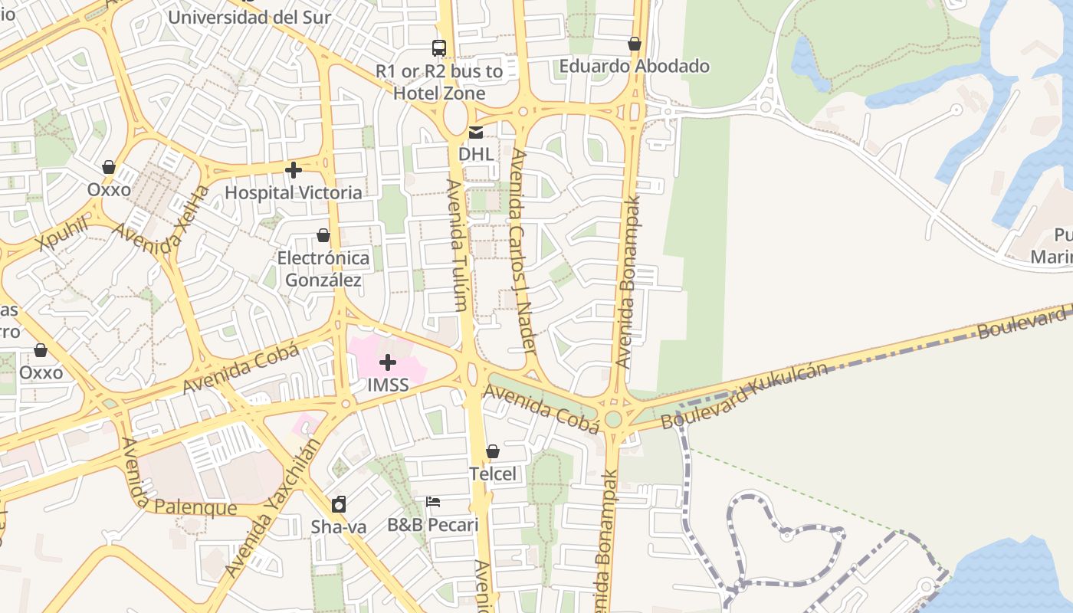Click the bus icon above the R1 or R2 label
coord(439,48)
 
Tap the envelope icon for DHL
coord(476,133)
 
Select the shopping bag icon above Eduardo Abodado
coord(635,44)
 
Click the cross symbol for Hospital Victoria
coord(294,170)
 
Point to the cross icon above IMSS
coord(388,362)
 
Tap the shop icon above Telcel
coord(493,452)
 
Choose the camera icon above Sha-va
coord(339,504)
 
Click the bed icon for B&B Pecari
coord(433,502)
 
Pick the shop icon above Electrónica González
coord(323,235)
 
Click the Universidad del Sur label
coord(249,17)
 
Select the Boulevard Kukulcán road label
coord(744,395)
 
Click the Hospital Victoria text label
coord(294,192)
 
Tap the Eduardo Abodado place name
coord(635,66)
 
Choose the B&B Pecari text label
coord(433,525)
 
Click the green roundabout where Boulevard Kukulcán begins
coord(613,419)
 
